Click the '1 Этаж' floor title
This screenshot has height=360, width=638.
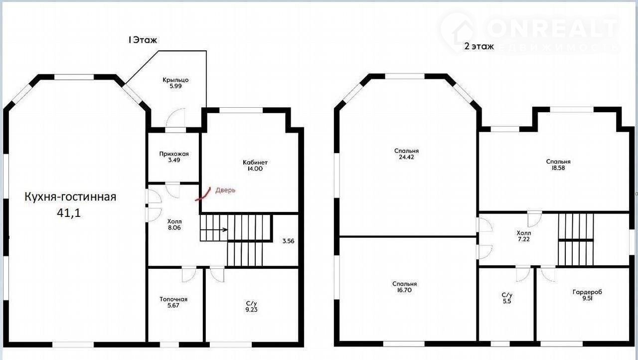click(143, 39)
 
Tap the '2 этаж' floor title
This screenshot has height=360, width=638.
click(479, 46)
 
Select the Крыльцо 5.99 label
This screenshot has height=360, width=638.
click(175, 83)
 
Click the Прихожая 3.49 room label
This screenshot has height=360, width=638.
click(174, 157)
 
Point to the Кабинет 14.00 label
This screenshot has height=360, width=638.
click(255, 166)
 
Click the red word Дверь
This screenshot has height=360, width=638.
click(225, 190)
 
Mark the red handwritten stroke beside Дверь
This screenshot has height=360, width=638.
click(203, 194)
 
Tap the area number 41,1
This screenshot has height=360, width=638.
click(69, 213)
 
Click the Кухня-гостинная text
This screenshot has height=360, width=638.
click(70, 197)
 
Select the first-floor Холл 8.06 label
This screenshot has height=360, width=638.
click(174, 224)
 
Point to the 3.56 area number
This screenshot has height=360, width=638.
click(288, 241)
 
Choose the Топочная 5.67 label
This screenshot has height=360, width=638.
click(173, 302)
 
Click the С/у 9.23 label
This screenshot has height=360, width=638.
click(251, 307)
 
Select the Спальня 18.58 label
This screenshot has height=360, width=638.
click(558, 165)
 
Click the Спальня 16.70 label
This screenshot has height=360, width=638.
click(404, 287)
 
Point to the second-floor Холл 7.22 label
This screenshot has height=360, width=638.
click(524, 236)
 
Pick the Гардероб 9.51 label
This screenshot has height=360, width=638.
click(587, 295)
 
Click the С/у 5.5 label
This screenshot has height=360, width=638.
click(507, 298)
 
